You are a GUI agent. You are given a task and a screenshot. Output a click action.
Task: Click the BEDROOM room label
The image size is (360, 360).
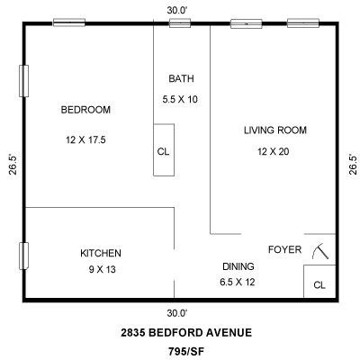point(85,110)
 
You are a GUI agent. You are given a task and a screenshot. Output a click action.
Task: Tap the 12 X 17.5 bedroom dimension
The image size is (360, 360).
point(85,139)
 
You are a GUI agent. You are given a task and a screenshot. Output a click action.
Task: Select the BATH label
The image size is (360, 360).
point(181,78)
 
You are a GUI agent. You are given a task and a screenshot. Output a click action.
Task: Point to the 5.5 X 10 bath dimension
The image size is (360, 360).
point(180,99)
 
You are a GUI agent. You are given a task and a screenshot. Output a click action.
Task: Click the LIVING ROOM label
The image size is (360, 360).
point(275,130)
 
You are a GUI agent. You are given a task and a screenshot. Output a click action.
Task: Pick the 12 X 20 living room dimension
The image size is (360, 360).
point(274,151)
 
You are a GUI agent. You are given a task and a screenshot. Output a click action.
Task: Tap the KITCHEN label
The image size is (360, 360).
point(101,253)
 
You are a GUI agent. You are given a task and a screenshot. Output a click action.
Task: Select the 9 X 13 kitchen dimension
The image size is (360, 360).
point(103,269)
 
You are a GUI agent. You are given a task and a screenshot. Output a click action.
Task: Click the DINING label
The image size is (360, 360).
point(238,266)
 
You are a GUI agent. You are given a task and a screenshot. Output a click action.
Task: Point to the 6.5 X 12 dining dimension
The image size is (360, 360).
point(238,282)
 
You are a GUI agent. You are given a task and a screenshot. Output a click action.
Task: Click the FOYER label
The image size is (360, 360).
point(284,249)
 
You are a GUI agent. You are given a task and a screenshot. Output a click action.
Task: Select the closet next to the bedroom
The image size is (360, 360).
point(164,149)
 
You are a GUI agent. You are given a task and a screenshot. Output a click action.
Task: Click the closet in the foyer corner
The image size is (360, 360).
point(319,282)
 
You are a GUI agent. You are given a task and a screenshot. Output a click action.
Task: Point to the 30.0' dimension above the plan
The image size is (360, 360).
point(177,11)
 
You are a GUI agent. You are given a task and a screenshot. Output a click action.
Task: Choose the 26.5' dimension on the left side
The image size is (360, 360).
point(13,165)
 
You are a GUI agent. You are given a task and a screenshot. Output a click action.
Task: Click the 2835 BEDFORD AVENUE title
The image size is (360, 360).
point(186,333)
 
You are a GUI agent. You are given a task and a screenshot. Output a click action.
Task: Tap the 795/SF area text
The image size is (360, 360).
point(186,351)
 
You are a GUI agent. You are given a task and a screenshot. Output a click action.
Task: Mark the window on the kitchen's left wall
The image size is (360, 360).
point(23,256)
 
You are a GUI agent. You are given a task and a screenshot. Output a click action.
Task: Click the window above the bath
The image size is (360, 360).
point(180,23)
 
